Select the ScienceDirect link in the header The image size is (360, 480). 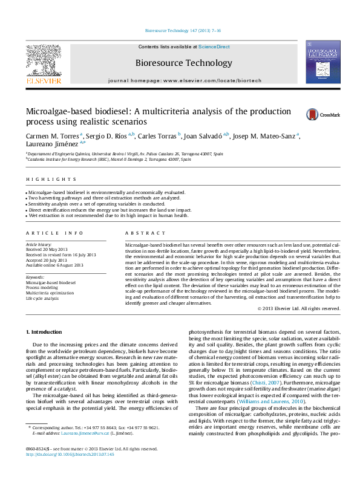pos(214,47)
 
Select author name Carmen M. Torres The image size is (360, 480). pos(52,137)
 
